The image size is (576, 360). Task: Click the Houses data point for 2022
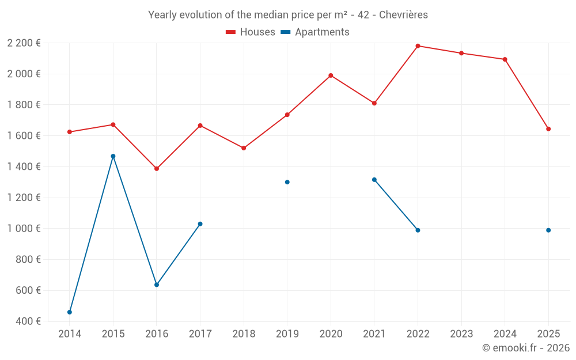pyautogui.click(x=418, y=46)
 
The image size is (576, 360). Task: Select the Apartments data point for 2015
pyautogui.click(x=113, y=156)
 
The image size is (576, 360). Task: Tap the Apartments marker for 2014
pyautogui.click(x=70, y=312)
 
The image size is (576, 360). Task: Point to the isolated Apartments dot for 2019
pyautogui.click(x=287, y=182)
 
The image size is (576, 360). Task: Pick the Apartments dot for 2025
pyautogui.click(x=548, y=230)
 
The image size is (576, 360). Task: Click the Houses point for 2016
pyautogui.click(x=157, y=169)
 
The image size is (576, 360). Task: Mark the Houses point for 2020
pyautogui.click(x=331, y=75)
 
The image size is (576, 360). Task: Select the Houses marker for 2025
pyautogui.click(x=548, y=129)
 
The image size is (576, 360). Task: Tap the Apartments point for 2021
pyautogui.click(x=374, y=180)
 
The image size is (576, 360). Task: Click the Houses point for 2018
pyautogui.click(x=244, y=148)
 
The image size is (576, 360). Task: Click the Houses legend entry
pyautogui.click(x=251, y=32)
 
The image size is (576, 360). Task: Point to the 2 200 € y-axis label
pyautogui.click(x=24, y=43)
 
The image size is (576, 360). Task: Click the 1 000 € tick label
pyautogui.click(x=24, y=229)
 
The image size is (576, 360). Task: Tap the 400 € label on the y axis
pyautogui.click(x=27, y=321)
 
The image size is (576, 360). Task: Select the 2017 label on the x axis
pyautogui.click(x=200, y=334)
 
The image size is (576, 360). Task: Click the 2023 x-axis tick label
pyautogui.click(x=461, y=334)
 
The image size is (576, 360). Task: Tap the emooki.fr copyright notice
pyautogui.click(x=525, y=348)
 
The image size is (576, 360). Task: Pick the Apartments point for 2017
pyautogui.click(x=200, y=224)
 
